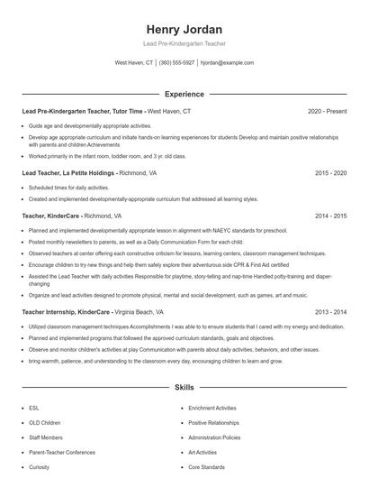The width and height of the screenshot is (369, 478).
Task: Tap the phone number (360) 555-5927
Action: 176,63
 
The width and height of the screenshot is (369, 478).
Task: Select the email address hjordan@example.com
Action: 227,63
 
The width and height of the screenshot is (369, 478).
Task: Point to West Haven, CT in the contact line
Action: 134,63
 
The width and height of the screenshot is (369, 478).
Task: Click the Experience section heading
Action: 184,94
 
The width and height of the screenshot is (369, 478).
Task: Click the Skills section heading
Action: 184,388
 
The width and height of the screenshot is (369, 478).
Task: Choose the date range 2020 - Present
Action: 327,111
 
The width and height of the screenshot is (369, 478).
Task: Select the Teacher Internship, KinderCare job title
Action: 72,311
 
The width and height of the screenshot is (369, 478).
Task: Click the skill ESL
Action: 33,408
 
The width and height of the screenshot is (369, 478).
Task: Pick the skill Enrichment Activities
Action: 212,408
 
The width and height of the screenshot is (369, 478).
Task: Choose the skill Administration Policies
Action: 214,437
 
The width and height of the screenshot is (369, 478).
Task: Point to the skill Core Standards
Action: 206,467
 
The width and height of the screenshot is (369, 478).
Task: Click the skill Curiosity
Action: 39,467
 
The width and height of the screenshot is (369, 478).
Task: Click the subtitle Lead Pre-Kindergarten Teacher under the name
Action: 184,43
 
